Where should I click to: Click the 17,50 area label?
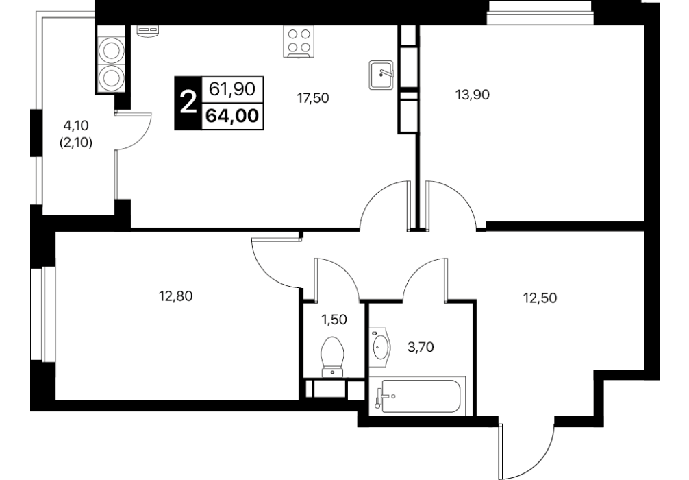(313, 98)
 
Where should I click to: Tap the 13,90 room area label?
(473, 95)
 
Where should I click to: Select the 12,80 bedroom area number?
(176, 296)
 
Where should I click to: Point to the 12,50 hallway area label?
(540, 298)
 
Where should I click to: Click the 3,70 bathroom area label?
(421, 348)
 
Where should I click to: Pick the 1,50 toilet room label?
(334, 320)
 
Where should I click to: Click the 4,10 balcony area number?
(76, 126)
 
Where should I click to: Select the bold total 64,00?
(232, 116)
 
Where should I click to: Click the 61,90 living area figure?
(232, 89)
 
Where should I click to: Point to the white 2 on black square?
(188, 104)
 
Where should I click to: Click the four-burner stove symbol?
(299, 42)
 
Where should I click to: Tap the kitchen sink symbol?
(381, 75)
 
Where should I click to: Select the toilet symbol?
(332, 357)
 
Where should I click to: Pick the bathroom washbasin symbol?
(379, 348)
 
